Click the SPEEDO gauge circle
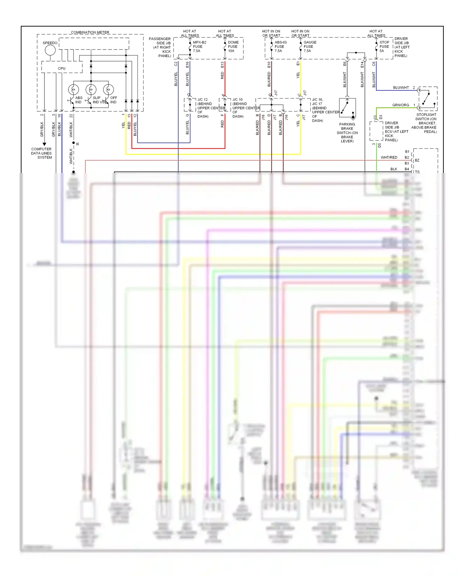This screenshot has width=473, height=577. pyautogui.click(x=50, y=50)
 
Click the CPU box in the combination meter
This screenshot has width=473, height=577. pyautogui.click(x=62, y=68)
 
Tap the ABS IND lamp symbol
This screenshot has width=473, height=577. pyautogui.click(x=73, y=90)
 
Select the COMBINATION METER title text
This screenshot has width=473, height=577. pyautogui.click(x=90, y=32)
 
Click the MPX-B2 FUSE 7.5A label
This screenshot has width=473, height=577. pyautogui.click(x=199, y=46)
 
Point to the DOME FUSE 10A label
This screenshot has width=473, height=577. pyautogui.click(x=233, y=46)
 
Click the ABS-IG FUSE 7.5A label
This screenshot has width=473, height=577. pyautogui.click(x=280, y=46)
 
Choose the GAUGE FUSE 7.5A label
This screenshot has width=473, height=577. pyautogui.click(x=310, y=46)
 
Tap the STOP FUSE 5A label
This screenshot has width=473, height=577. pyautogui.click(x=384, y=46)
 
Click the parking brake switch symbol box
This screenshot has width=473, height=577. pyautogui.click(x=347, y=108)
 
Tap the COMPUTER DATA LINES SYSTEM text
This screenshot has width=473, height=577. pyautogui.click(x=41, y=153)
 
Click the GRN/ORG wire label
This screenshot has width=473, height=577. pyautogui.click(x=400, y=105)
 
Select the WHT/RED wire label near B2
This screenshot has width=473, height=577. pyautogui.click(x=389, y=157)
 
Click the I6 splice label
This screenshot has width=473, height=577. pyautogui.click(x=77, y=144)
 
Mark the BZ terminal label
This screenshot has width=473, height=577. pyautogui.click(x=417, y=160)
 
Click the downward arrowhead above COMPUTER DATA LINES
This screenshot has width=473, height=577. pyautogui.click(x=44, y=144)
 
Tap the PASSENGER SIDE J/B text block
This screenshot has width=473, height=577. pyautogui.click(x=161, y=47)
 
